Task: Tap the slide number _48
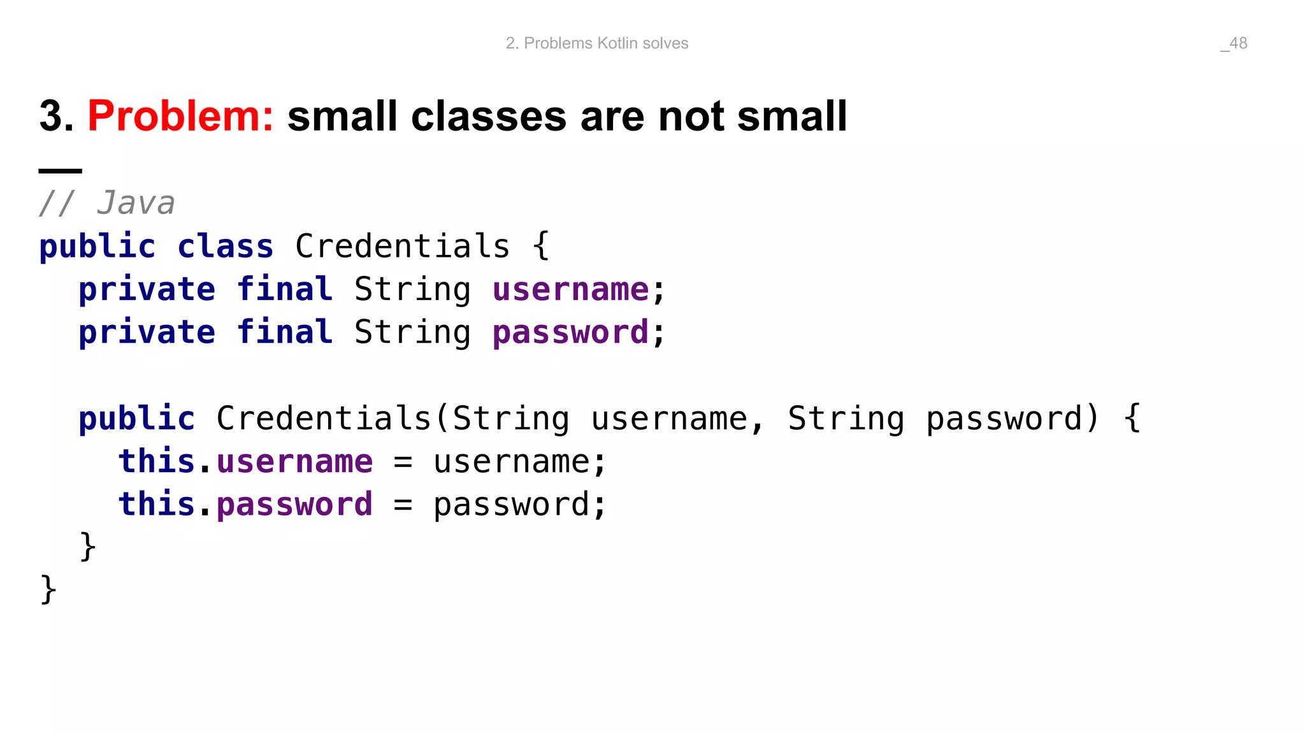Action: [x=1234, y=43]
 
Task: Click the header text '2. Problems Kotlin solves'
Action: [x=596, y=43]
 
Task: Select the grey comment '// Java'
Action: [x=106, y=203]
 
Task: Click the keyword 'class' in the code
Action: [x=225, y=247]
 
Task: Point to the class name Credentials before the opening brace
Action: [x=402, y=247]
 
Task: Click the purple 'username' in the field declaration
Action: [x=570, y=290]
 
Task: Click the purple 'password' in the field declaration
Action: [x=570, y=333]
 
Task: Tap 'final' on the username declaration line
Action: [x=284, y=290]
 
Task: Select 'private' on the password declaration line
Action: [x=147, y=333]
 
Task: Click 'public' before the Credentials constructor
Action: [x=136, y=419]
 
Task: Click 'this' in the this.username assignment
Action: [x=156, y=462]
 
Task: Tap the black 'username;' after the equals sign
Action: [x=519, y=462]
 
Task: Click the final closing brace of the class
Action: [x=48, y=589]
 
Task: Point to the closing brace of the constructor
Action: [x=88, y=546]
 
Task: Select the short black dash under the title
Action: [x=61, y=171]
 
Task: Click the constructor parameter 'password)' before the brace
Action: [x=1013, y=419]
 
